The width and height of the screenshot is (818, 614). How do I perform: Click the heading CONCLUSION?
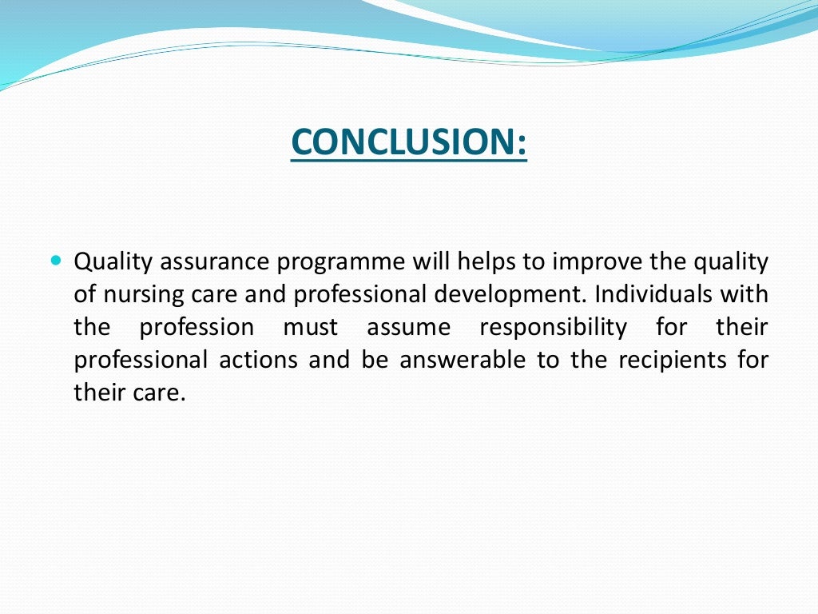pos(409,142)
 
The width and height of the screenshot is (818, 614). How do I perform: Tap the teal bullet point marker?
pos(55,261)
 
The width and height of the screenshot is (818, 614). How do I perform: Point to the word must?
pos(311,328)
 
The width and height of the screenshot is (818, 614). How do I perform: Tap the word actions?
pos(260,361)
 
